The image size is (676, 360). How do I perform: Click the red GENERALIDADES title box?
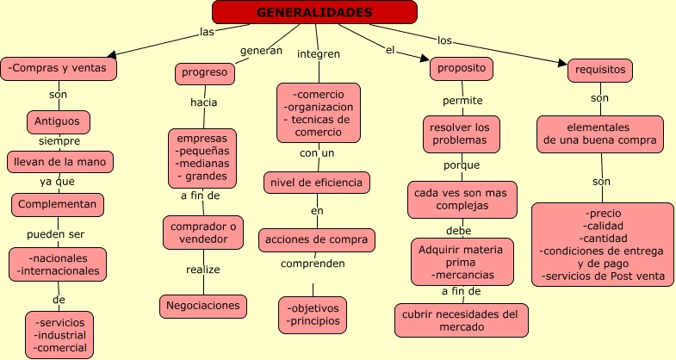(314, 12)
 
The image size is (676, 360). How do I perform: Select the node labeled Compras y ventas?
(59, 68)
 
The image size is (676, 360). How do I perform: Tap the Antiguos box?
(58, 121)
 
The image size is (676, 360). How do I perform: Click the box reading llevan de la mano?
(59, 161)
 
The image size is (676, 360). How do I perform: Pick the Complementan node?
(58, 204)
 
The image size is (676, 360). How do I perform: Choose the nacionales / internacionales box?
(58, 264)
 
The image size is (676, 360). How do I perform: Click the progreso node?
(204, 73)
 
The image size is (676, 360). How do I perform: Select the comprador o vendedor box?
(203, 232)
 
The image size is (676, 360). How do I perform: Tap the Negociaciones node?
(203, 306)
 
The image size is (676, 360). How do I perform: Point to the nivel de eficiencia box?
(317, 183)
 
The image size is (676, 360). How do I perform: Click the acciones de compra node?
(317, 239)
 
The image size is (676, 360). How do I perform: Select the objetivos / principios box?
(313, 315)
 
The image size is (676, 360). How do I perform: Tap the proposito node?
(461, 68)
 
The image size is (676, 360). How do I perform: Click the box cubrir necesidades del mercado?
(461, 320)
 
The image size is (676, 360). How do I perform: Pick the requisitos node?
(600, 71)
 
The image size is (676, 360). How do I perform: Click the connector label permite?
(462, 101)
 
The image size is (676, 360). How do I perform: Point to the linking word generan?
(261, 50)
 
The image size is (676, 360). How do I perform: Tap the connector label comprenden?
(313, 264)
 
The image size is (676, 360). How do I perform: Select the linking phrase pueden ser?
(55, 234)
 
